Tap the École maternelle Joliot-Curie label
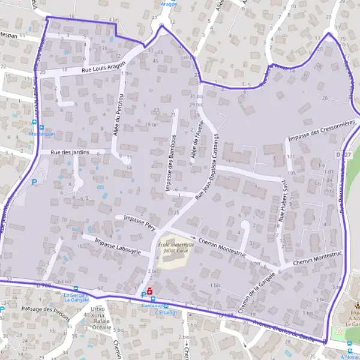click(x=176, y=248)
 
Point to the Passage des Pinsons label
click(x=44, y=309)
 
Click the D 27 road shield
click(x=343, y=155)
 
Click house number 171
click(x=290, y=157)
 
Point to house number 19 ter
click(x=152, y=124)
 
